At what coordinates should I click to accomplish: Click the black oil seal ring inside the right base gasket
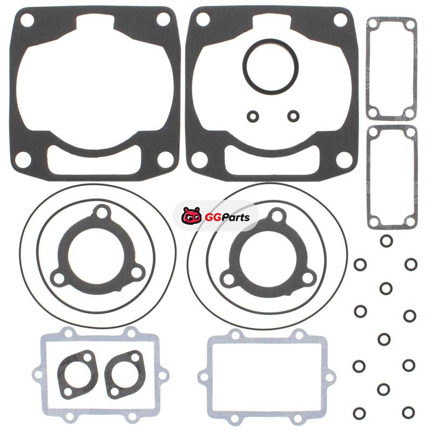click(271, 66)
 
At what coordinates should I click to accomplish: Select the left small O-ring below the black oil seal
click(253, 116)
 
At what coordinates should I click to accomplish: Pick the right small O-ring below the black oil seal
click(293, 116)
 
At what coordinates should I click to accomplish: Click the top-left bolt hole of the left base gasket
click(27, 21)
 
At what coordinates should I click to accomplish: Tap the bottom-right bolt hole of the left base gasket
click(166, 159)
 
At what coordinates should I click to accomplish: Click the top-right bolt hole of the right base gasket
click(341, 20)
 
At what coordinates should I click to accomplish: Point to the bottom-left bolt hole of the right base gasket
click(199, 160)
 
